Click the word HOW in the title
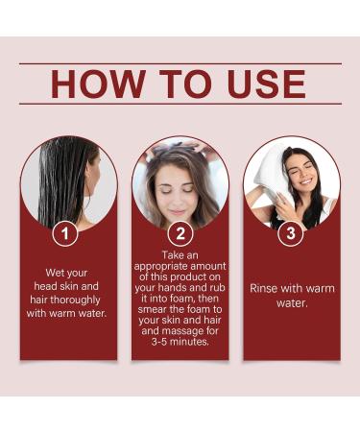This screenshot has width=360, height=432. pos(99,84)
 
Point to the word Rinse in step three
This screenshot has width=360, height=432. pos(268,287)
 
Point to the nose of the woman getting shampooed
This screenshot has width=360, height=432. pos(178,192)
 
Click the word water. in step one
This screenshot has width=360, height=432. pos(100,312)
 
